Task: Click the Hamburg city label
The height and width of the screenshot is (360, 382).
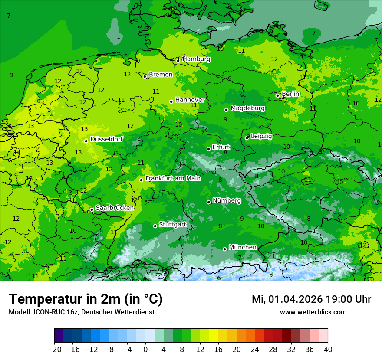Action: (x=196, y=59)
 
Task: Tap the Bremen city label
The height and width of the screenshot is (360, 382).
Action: (x=161, y=75)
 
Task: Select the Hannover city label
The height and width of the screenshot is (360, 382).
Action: (x=190, y=100)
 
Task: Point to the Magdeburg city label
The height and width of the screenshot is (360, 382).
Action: (x=247, y=108)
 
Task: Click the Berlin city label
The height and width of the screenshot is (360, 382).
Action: (x=290, y=94)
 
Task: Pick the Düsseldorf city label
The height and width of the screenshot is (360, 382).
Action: (x=106, y=139)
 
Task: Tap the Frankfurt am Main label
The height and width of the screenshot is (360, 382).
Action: (x=173, y=178)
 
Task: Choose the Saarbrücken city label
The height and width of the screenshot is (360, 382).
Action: (x=115, y=208)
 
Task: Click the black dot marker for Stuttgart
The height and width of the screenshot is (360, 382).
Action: (x=155, y=226)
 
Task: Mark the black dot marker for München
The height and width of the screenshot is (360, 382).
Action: (x=224, y=249)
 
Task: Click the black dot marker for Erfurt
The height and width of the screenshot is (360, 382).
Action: (x=208, y=149)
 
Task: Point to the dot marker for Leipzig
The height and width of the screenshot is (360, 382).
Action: (x=247, y=138)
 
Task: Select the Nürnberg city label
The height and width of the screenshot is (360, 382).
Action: (x=227, y=200)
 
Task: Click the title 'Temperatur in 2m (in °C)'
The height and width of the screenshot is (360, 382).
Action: (x=86, y=299)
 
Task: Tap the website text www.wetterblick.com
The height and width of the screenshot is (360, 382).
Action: (x=313, y=312)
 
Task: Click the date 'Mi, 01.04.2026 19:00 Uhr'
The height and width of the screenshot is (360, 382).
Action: (x=311, y=299)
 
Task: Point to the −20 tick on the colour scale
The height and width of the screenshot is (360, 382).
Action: (x=55, y=349)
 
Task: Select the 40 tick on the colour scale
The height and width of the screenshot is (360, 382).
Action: (x=328, y=349)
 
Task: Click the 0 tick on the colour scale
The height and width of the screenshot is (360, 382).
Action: (x=145, y=349)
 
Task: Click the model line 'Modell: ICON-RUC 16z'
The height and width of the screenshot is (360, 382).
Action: (x=81, y=312)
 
